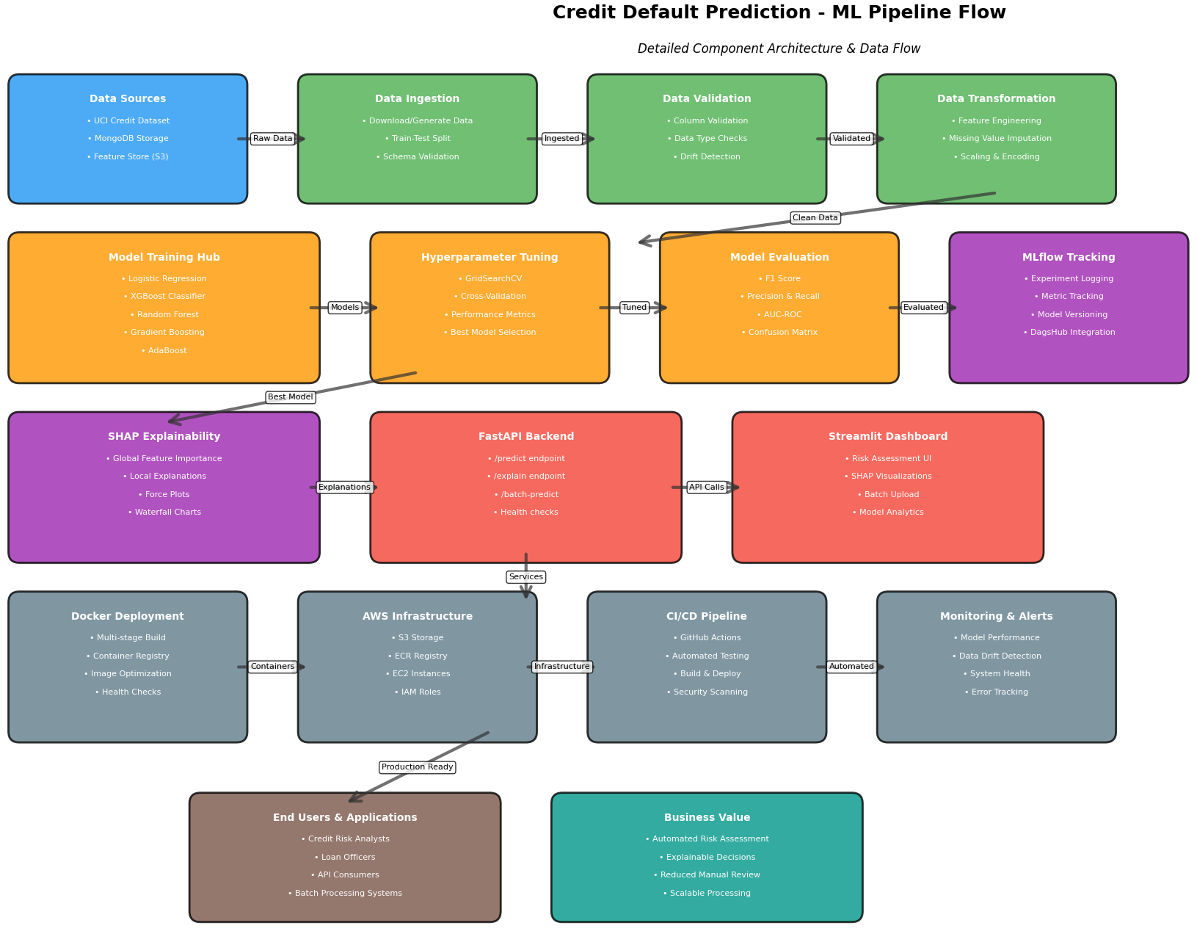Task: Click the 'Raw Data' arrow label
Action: click(272, 139)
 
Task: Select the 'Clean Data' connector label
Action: click(815, 218)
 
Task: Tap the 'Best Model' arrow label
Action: click(290, 397)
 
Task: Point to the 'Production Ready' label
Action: click(417, 767)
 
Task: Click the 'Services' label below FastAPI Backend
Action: click(525, 577)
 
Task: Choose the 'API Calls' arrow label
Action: click(706, 488)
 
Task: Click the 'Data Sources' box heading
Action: click(128, 99)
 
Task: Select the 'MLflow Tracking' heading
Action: click(1068, 258)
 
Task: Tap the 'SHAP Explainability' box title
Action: click(164, 437)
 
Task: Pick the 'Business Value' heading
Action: click(707, 818)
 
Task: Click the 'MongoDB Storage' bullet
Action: click(128, 139)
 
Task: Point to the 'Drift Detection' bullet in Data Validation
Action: click(707, 157)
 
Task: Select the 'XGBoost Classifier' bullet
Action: click(164, 297)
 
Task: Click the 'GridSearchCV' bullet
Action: click(490, 279)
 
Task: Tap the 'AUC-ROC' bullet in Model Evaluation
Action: click(779, 315)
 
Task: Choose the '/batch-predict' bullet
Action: click(525, 495)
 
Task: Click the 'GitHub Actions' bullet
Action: click(707, 638)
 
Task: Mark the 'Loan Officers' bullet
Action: click(344, 858)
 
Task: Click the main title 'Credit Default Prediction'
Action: click(779, 13)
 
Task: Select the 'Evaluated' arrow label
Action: click(923, 308)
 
